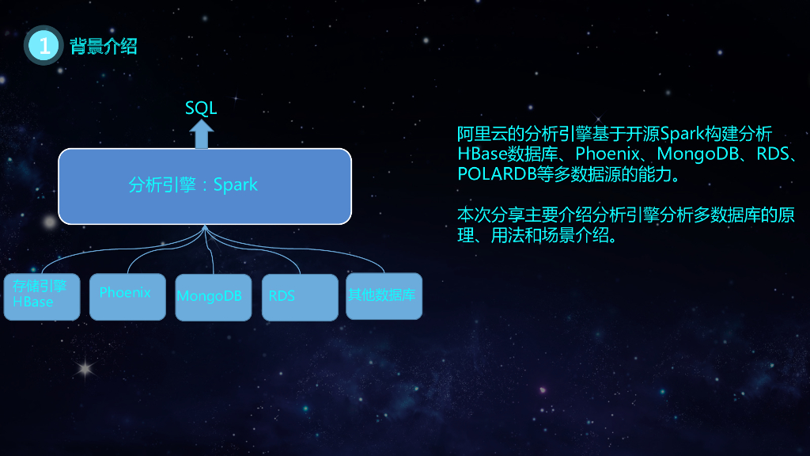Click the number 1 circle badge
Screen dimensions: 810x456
(44, 46)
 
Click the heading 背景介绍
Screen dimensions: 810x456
(104, 46)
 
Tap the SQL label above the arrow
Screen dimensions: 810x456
(201, 108)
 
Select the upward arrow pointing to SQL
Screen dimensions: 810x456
(202, 134)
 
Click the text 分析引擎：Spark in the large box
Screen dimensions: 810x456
(193, 185)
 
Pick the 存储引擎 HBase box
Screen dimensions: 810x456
(41, 296)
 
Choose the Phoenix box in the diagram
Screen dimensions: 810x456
(127, 296)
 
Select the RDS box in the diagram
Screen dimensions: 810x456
(299, 297)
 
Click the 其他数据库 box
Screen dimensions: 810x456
(384, 296)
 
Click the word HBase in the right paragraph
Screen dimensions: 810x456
(483, 154)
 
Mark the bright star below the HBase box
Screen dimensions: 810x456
(84, 368)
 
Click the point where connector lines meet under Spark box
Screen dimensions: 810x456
(205, 227)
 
